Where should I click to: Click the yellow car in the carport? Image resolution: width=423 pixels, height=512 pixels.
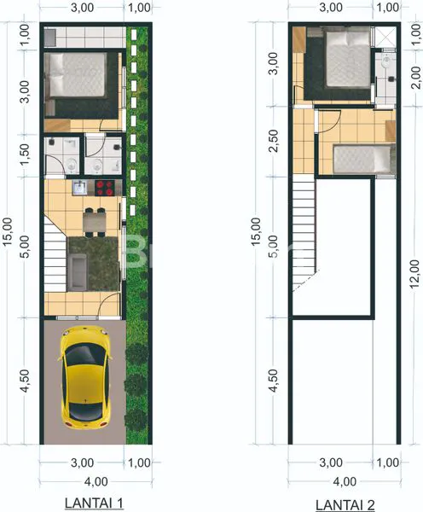[84, 376]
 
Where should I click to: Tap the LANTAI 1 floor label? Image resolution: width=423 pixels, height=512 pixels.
[94, 503]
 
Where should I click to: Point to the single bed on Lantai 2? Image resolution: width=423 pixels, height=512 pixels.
[362, 160]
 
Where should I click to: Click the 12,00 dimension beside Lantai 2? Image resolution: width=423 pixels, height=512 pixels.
[414, 274]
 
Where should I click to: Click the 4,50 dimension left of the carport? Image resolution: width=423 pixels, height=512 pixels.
[25, 381]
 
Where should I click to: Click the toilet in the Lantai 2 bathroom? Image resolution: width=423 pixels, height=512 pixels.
[388, 63]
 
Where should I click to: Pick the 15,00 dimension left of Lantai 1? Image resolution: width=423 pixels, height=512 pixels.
[8, 232]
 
